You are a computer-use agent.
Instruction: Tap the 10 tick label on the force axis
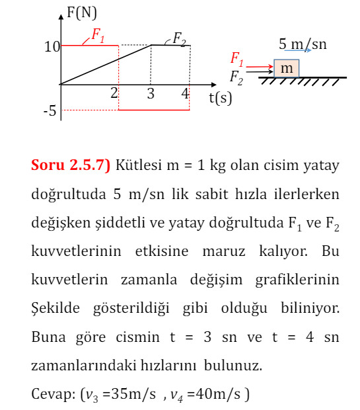click(x=52, y=46)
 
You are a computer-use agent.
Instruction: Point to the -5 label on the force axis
click(x=50, y=111)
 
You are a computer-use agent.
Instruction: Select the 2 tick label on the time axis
click(x=114, y=93)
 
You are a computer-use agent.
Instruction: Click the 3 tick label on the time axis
click(x=151, y=94)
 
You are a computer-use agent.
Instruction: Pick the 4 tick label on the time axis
click(x=186, y=94)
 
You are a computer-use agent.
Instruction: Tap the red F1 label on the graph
click(x=97, y=36)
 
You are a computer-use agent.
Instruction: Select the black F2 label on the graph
click(x=179, y=38)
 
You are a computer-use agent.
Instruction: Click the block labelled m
click(x=287, y=69)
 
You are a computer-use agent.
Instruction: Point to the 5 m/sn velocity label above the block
click(x=303, y=44)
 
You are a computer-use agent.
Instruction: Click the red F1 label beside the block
click(x=236, y=59)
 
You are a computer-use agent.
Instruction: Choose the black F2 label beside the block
click(x=236, y=77)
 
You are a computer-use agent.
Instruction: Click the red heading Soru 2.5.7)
click(x=71, y=165)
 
